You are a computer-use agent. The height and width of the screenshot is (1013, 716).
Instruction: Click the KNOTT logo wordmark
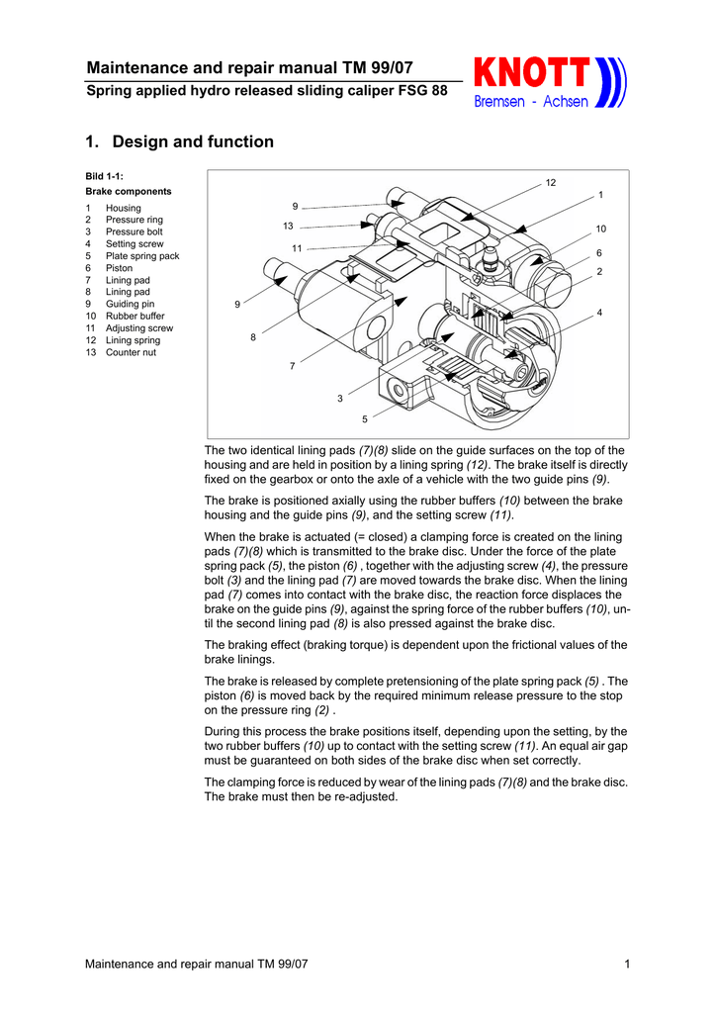[x=532, y=73]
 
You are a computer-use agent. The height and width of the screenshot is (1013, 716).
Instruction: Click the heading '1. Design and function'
[x=180, y=141]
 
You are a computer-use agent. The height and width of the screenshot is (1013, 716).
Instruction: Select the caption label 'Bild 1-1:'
[x=104, y=175]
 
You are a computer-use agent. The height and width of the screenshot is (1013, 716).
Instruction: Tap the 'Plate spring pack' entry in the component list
[x=142, y=255]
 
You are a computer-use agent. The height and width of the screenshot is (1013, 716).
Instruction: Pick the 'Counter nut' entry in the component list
[x=132, y=351]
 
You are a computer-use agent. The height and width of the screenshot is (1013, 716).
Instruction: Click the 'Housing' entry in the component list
[x=124, y=208]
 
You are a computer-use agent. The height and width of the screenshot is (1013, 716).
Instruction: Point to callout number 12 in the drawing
[x=551, y=183]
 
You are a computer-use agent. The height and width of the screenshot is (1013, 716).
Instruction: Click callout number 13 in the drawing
[x=288, y=227]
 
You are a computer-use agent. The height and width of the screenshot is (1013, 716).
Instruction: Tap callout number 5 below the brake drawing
[x=364, y=419]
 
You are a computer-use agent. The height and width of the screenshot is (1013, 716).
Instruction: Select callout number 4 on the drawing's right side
[x=599, y=313]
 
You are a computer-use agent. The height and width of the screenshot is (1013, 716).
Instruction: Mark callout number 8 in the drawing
[x=253, y=337]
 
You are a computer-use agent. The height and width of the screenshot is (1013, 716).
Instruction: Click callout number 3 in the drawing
[x=339, y=398]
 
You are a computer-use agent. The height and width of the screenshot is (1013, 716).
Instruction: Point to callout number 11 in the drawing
[x=297, y=247]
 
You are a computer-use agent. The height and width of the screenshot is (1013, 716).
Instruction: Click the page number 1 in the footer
[x=628, y=965]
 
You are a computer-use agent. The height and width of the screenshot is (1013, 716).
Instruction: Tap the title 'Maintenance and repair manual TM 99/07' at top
[x=249, y=67]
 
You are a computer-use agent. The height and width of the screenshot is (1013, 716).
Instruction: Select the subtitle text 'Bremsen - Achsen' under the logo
[x=531, y=101]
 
